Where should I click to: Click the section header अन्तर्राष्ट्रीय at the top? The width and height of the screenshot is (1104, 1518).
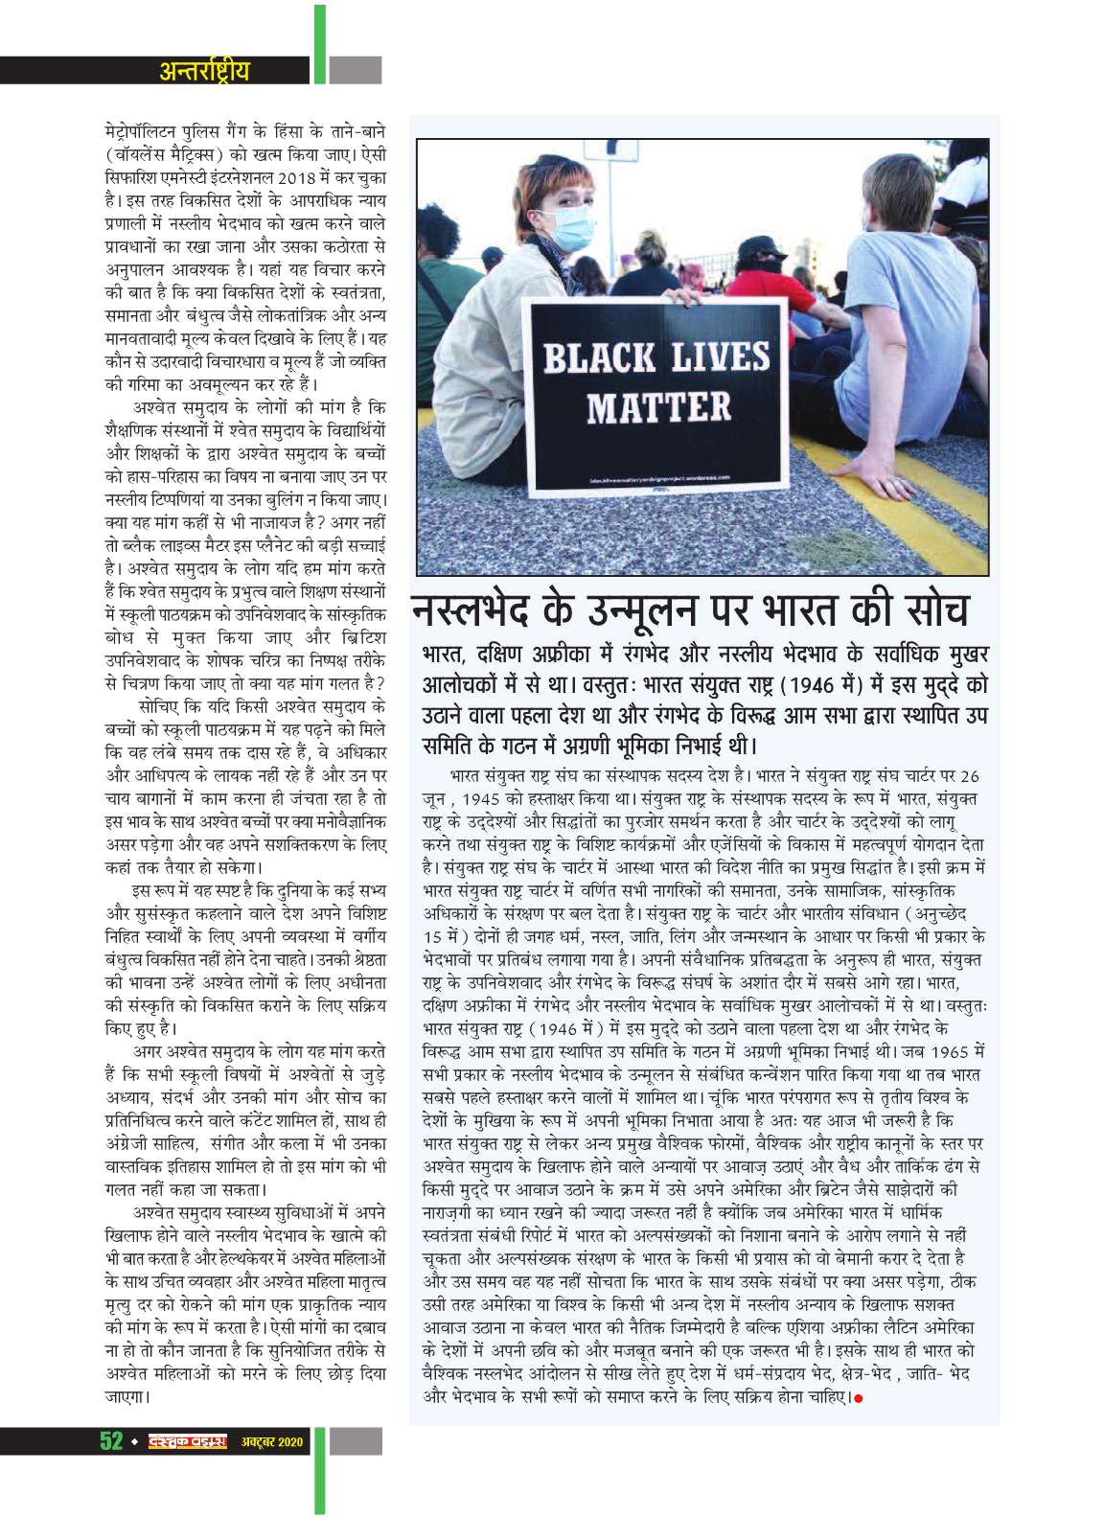[x=204, y=70]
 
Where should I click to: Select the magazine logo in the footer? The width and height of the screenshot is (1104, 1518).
[x=187, y=1440]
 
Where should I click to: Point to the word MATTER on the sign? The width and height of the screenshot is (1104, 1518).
[x=658, y=407]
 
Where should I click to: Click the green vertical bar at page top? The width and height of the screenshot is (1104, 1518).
[x=318, y=38]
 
